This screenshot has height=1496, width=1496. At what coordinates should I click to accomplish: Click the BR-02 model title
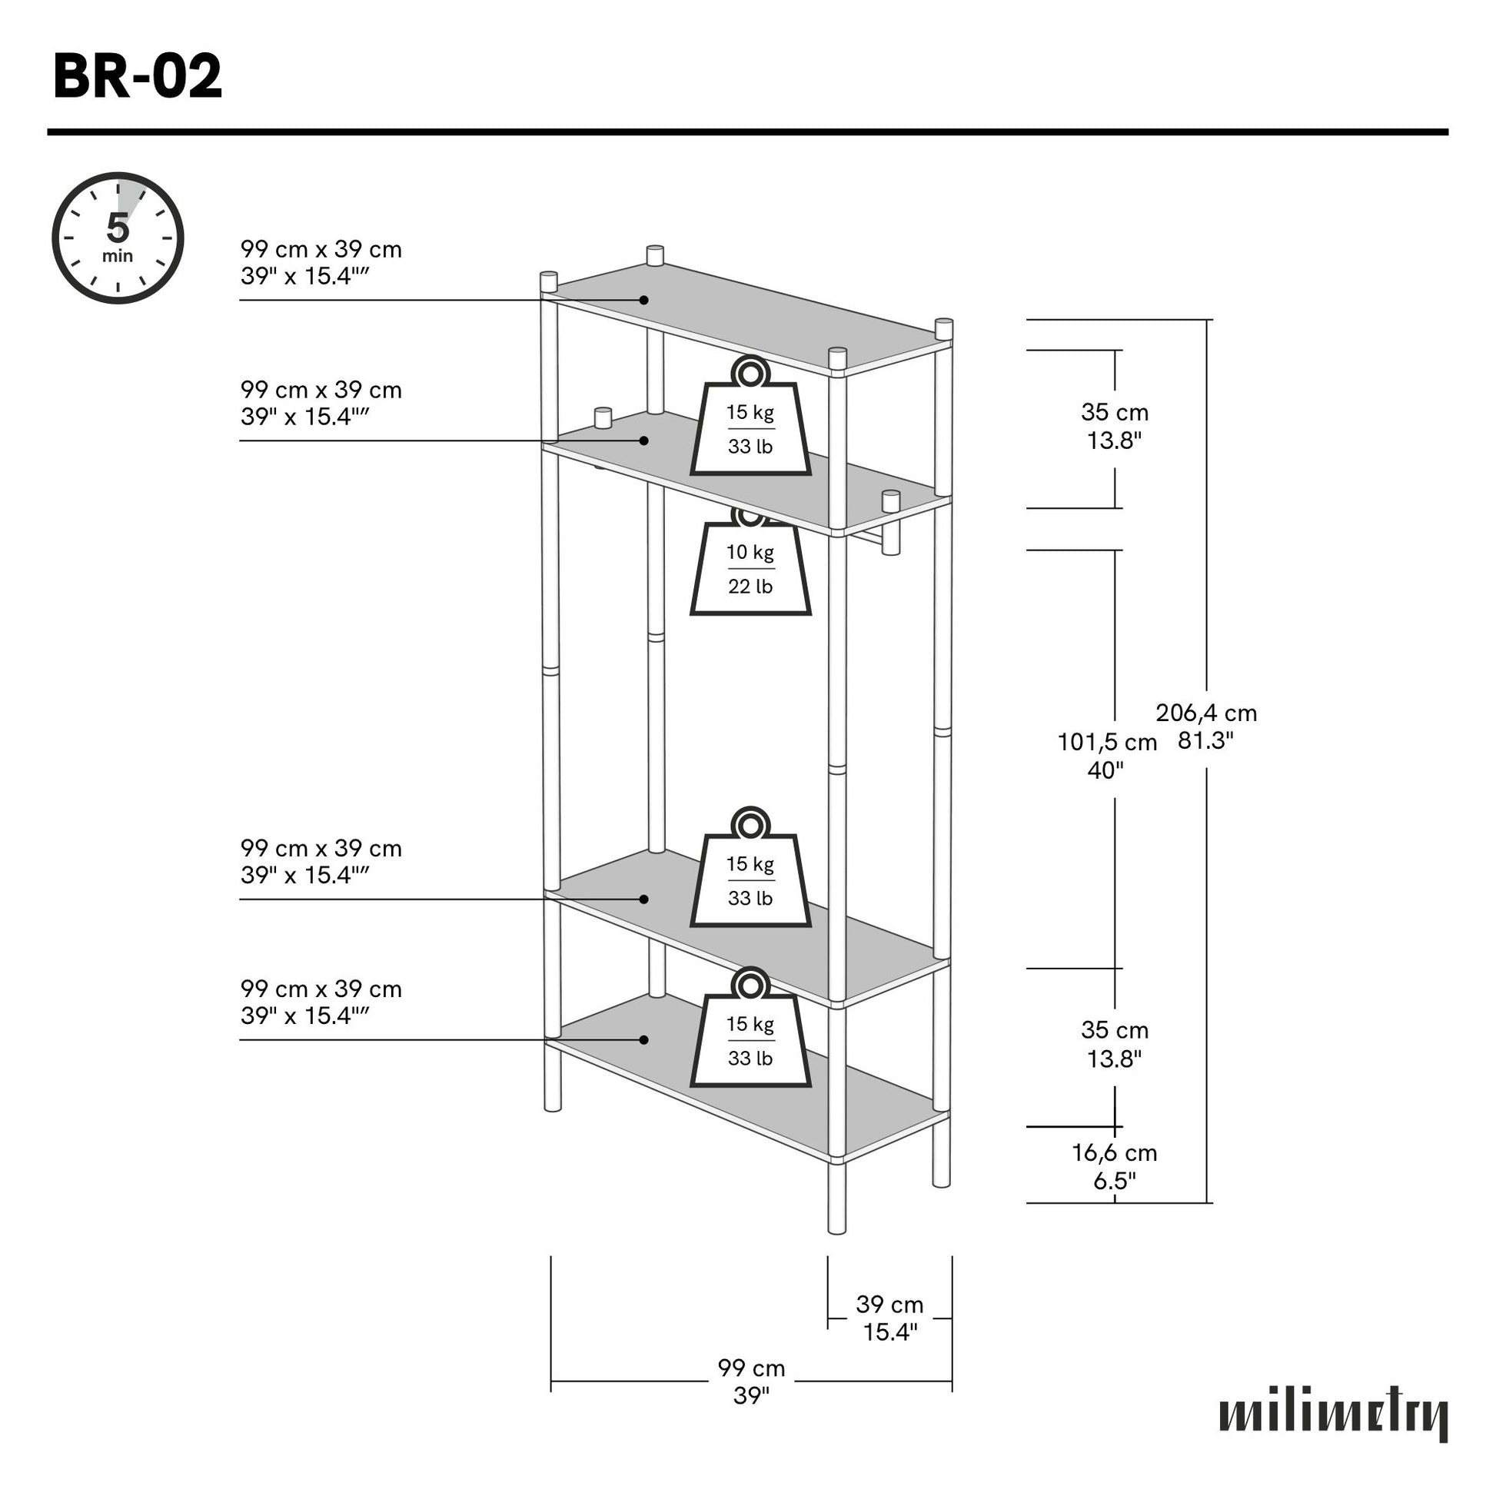coord(138,76)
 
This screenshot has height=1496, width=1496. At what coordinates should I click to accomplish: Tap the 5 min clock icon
coord(118,238)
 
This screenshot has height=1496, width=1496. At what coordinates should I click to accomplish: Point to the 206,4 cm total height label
coord(1205,726)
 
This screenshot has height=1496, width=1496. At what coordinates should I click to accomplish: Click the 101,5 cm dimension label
coord(1106,756)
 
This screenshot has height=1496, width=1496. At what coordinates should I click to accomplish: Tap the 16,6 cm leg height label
coord(1114,1166)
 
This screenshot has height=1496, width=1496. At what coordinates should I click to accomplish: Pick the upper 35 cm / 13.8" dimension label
coord(1114,426)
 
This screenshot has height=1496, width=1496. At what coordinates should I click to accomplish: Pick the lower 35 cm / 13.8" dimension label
coord(1114,1044)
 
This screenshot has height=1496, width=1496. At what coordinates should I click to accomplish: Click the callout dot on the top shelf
coord(643,300)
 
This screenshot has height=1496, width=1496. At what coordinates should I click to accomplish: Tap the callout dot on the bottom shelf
coord(643,1039)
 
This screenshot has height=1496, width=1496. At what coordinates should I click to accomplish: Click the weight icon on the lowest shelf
coord(750,1027)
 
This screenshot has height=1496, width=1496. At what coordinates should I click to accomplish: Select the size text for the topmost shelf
coord(321,262)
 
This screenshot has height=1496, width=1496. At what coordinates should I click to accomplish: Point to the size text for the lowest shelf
coord(321,1002)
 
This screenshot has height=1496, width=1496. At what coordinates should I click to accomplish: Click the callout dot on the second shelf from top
coord(643,440)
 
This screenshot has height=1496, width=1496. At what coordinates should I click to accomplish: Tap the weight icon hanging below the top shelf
coord(750,416)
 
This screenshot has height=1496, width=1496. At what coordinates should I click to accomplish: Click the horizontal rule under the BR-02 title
coord(747,132)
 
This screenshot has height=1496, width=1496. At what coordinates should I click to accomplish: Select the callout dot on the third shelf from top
coord(643,898)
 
